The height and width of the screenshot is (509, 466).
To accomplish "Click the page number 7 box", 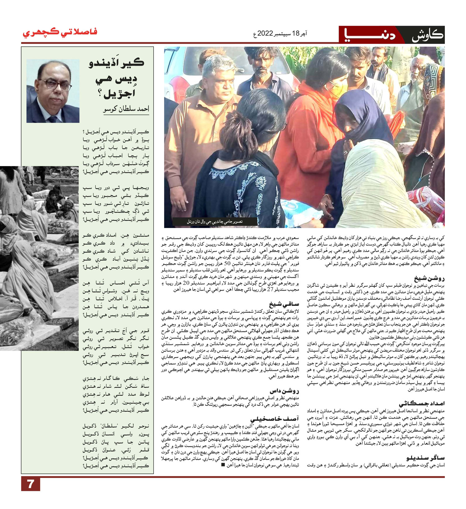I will tap(30, 484).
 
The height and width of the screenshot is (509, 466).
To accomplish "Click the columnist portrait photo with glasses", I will tap(53, 91).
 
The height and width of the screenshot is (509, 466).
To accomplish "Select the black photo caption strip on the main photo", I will tap(215, 222).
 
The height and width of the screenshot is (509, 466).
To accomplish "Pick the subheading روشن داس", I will tap(284, 391).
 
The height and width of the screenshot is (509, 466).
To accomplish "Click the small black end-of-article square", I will tap(223, 465).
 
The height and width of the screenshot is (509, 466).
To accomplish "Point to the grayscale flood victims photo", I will tap(37, 255).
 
